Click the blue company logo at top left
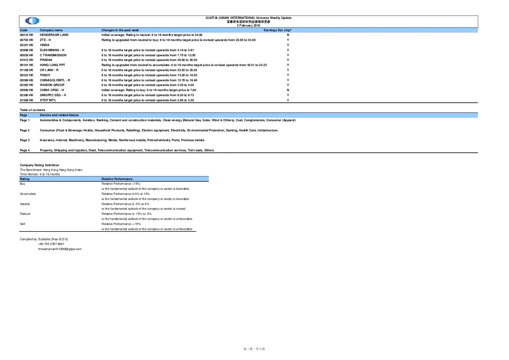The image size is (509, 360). pyautogui.click(x=32, y=21)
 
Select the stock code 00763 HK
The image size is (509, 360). pyautogui.click(x=26, y=40)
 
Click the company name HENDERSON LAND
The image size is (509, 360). pyautogui.click(x=54, y=35)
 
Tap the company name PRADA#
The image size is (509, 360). pyautogui.click(x=46, y=60)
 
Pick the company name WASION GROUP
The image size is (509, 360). pyautogui.click(x=52, y=85)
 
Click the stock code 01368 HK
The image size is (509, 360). pyautogui.click(x=26, y=100)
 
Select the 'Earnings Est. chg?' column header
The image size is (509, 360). pyautogui.click(x=278, y=30)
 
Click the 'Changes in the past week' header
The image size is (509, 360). pyautogui.click(x=120, y=30)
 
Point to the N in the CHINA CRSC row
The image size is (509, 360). pyautogui.click(x=288, y=90)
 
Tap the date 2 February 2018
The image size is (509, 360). pyautogui.click(x=249, y=25)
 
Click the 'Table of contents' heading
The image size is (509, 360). pyautogui.click(x=33, y=110)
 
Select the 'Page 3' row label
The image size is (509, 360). pyautogui.click(x=25, y=140)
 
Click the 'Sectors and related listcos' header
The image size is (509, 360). pyautogui.click(x=59, y=115)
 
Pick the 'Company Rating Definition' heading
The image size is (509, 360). pyautogui.click(x=40, y=165)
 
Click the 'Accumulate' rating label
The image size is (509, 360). pyautogui.click(x=28, y=194)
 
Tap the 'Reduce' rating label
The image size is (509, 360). pyautogui.click(x=25, y=214)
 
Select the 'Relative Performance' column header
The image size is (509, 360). pyautogui.click(x=117, y=179)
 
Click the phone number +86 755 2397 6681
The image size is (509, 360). pyautogui.click(x=51, y=244)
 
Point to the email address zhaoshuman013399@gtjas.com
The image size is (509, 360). pyautogui.click(x=60, y=249)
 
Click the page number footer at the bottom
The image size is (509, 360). pyautogui.click(x=254, y=349)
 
